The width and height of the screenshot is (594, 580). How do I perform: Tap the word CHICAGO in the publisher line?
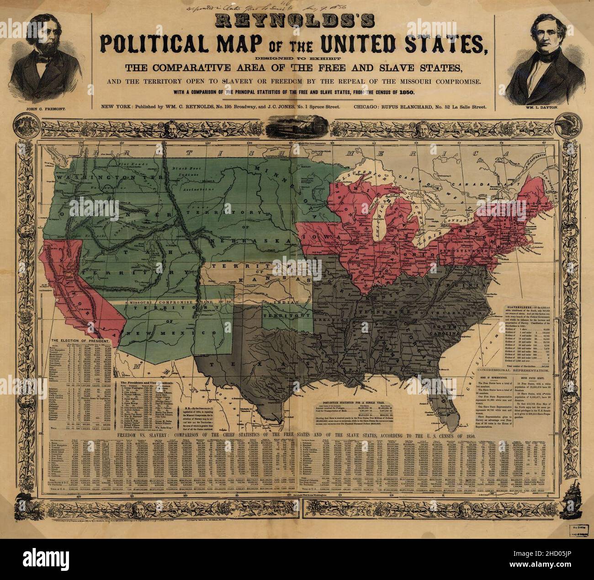click(x=369, y=107)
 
